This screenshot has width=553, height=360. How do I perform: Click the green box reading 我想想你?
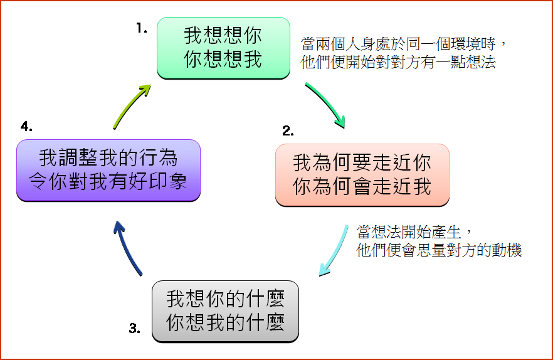point(223,48)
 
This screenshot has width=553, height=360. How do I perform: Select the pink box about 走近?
point(362,175)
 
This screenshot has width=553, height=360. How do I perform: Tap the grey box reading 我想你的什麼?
point(225,311)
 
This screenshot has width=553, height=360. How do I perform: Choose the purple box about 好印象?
point(108,171)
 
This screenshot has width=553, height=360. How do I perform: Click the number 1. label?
point(142,28)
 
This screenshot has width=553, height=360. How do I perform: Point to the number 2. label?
point(288,131)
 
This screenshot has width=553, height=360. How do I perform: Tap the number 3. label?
point(134,328)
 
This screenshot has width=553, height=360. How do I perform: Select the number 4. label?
point(26,126)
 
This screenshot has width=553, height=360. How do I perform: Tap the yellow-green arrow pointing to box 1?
point(130,106)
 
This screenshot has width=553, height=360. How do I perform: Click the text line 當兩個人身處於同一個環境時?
point(398,45)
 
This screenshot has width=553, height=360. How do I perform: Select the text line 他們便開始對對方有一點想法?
point(398,62)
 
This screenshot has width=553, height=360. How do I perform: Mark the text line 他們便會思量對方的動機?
point(439,250)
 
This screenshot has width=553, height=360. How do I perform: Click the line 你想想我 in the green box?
point(223,59)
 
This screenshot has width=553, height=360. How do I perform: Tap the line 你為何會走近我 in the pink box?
point(362,186)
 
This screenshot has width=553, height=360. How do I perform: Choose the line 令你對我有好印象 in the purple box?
point(108,181)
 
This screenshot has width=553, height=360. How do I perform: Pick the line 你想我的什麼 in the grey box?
point(225,322)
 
